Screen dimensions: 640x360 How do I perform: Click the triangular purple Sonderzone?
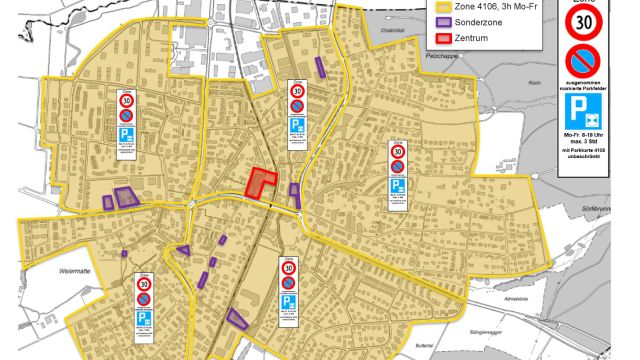[x=183, y=249]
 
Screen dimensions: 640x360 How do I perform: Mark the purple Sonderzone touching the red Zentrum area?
[x=295, y=190]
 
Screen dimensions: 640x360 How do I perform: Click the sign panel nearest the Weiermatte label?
[x=143, y=300]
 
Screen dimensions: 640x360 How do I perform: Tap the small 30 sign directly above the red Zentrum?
[x=296, y=89]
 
